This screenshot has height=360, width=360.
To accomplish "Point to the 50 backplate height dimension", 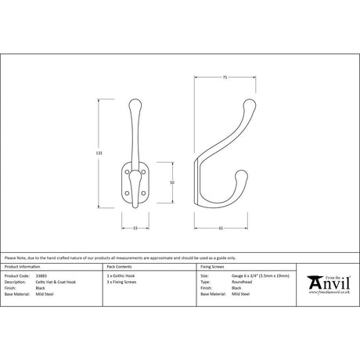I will click(171, 182).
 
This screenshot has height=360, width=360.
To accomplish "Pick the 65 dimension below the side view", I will click(221, 228).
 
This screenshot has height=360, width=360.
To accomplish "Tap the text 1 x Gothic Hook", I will click(120, 276).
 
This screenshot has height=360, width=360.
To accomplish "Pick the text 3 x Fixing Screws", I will click(121, 283).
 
